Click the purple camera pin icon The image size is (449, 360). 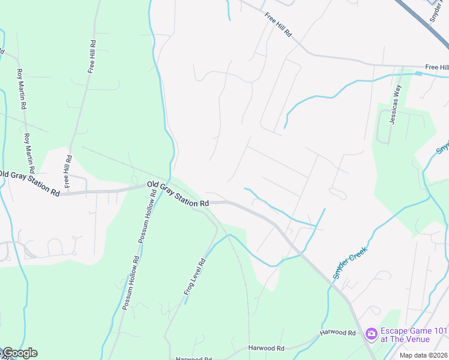point(371,333)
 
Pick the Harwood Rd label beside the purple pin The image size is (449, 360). point(337,332)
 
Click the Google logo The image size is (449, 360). point(19,353)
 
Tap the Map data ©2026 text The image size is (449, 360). point(420,355)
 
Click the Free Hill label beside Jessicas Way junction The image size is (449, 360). point(436,67)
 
